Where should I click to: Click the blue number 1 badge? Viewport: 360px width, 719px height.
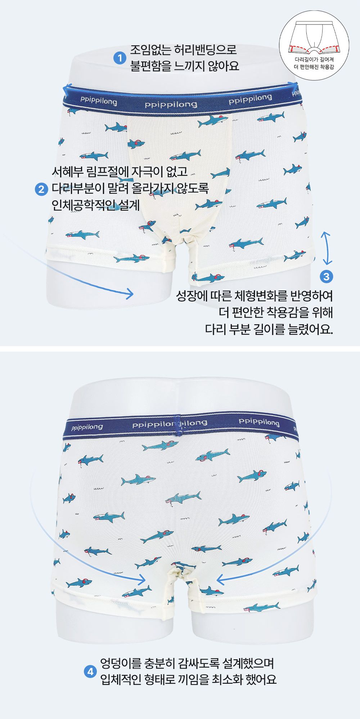tap(120, 58)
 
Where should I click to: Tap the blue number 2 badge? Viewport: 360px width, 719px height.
tap(41, 189)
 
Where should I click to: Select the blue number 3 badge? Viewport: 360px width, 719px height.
tap(327, 277)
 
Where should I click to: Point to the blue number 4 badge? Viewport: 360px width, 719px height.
tap(90, 671)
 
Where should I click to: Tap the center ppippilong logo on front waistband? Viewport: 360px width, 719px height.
tap(171, 104)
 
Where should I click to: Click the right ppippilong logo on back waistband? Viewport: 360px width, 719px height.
tap(259, 422)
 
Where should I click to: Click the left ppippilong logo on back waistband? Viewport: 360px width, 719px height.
tap(87, 428)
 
